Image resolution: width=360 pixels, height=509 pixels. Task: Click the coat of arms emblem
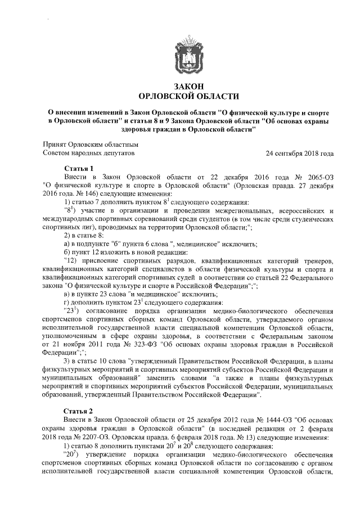pos(180,52)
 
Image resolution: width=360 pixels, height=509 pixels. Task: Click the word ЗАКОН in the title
pos(180,86)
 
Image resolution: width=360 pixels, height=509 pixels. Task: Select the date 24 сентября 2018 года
pos(300,152)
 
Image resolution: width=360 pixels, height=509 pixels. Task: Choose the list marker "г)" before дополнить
pos(68,301)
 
